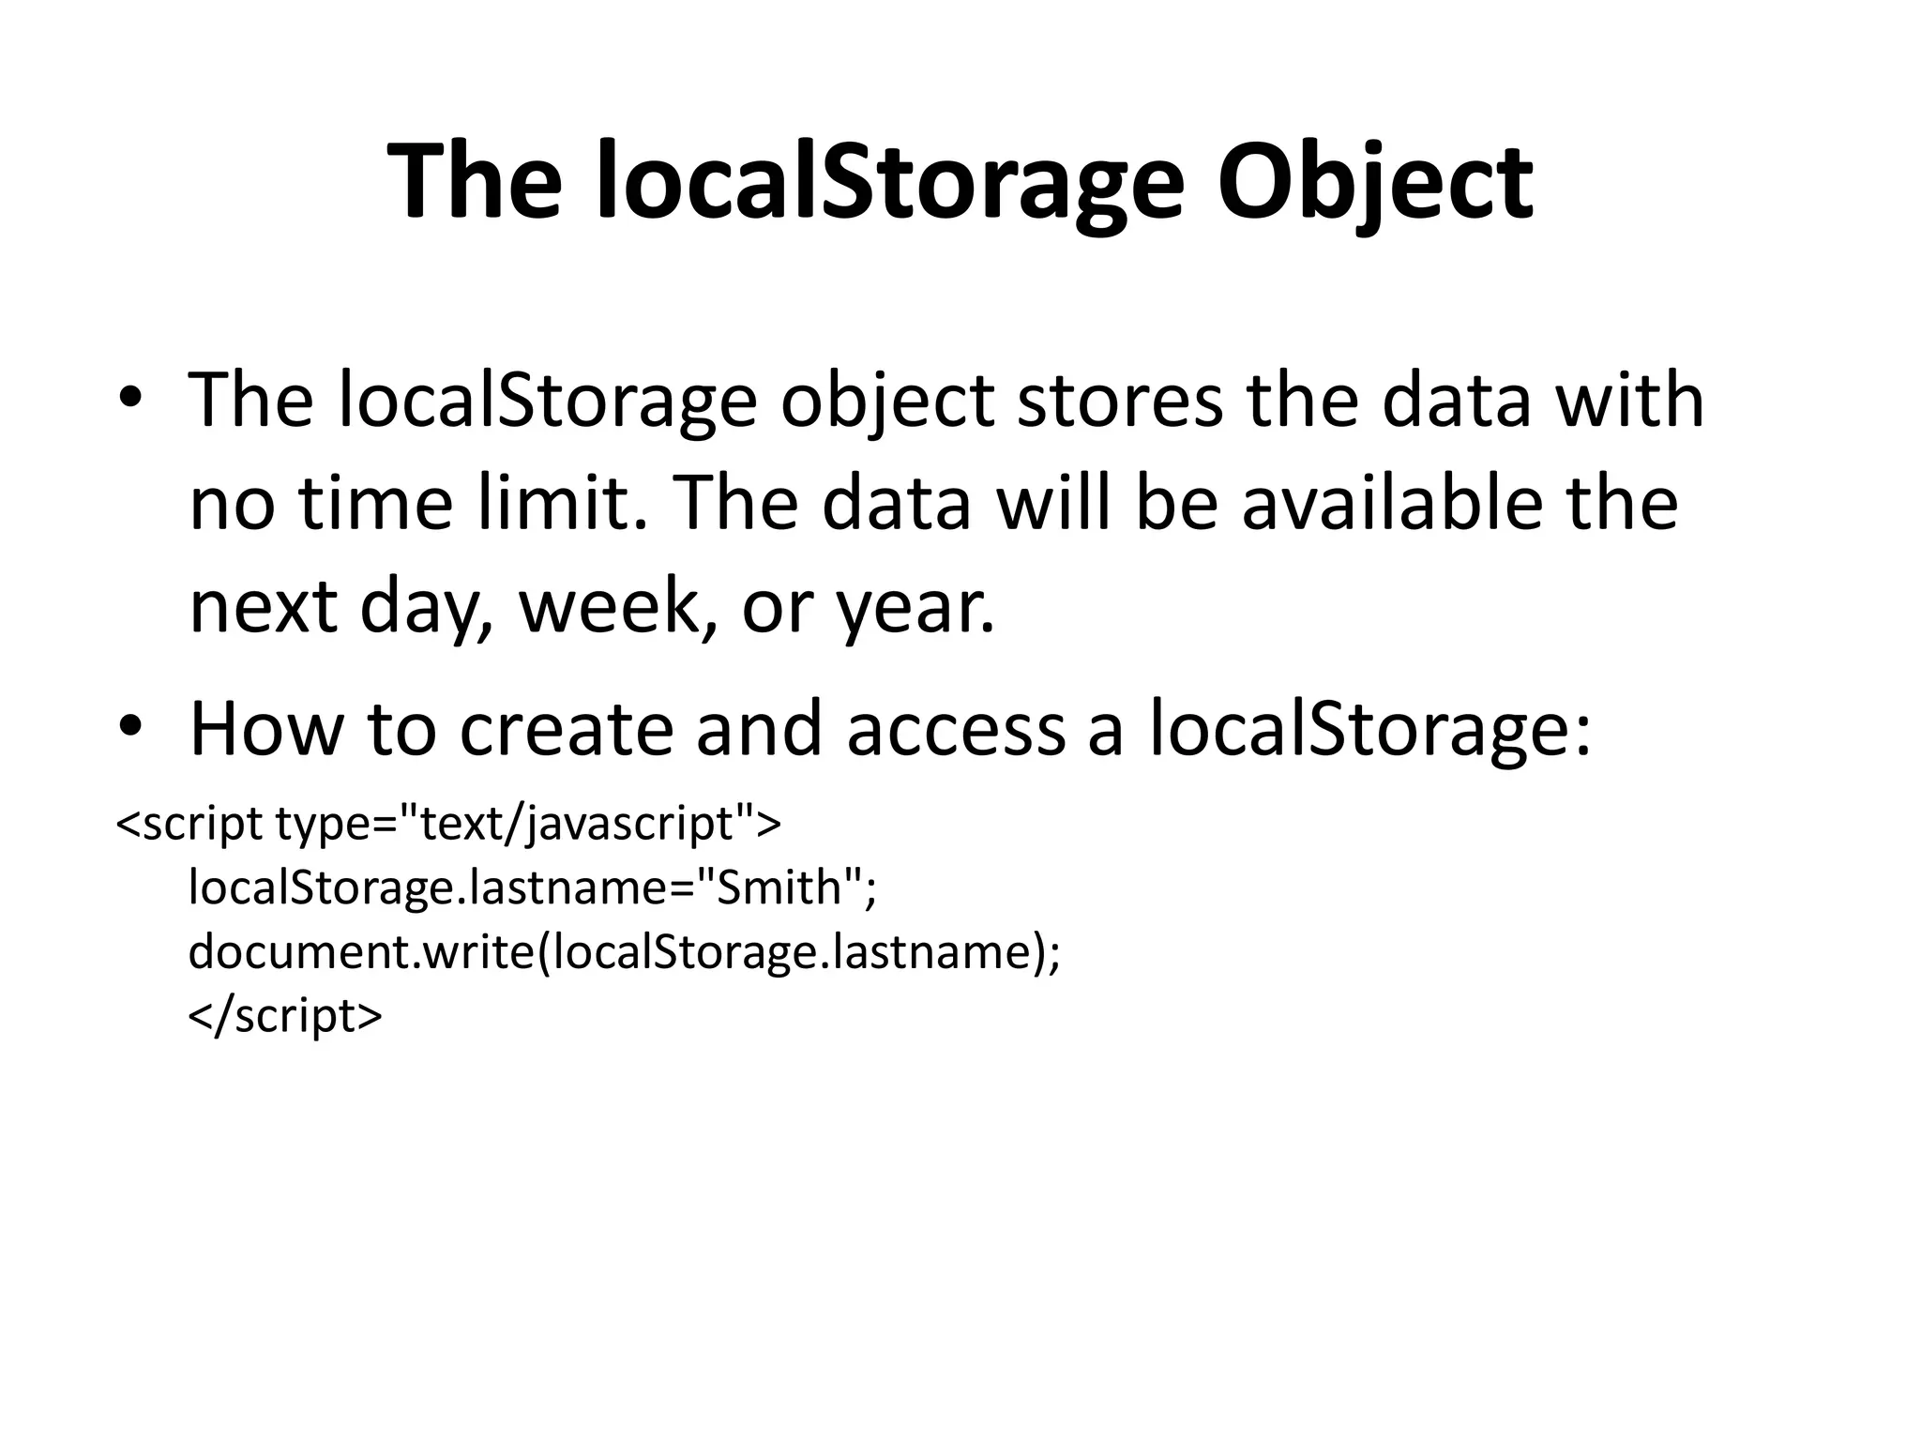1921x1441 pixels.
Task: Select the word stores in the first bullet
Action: point(1119,402)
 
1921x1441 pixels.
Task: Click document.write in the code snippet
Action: point(361,951)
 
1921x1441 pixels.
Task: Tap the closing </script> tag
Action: point(286,1016)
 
